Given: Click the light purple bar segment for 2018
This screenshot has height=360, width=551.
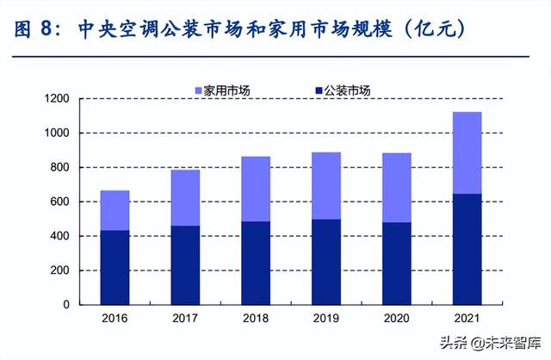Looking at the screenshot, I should (256, 189).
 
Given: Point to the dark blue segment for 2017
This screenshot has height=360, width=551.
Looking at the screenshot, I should (184, 264).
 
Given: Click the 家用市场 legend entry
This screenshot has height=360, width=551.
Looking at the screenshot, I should (226, 90).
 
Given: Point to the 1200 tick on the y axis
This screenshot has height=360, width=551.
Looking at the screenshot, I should (57, 99).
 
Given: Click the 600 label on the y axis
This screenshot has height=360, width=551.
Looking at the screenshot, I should (60, 202).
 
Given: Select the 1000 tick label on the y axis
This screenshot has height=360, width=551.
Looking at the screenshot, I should (57, 133).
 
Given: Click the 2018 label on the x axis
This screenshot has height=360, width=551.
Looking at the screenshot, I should (256, 319).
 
